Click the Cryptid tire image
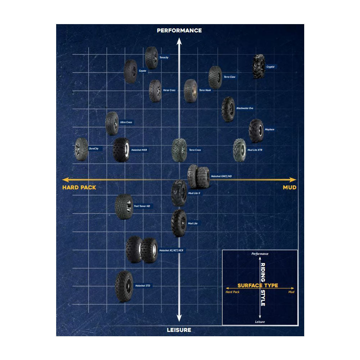point(258,66)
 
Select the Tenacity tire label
point(164,58)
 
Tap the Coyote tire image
point(130,71)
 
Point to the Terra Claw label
point(229,77)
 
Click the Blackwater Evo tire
point(228,109)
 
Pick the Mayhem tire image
point(256,130)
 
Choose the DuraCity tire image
point(81,149)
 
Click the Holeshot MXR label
point(139,150)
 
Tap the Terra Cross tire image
point(179,150)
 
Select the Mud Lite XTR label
point(255,150)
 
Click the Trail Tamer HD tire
point(124,207)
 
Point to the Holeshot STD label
point(143,286)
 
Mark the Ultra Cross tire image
point(112,123)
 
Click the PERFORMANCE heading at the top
point(179,31)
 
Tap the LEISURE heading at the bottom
point(179,330)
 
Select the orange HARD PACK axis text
point(79,188)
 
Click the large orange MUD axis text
point(289,188)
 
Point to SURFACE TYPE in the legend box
point(257,285)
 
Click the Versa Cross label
point(169,90)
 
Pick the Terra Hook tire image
point(190,91)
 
